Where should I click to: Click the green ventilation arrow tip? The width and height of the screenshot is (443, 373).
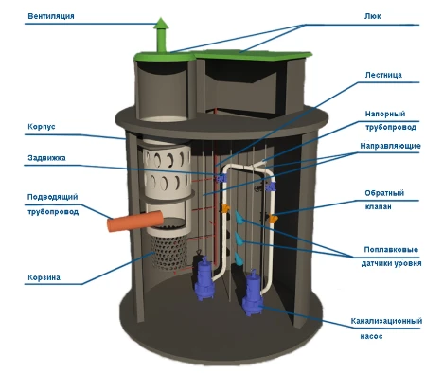click(161, 18)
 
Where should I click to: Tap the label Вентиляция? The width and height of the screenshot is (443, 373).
click(51, 16)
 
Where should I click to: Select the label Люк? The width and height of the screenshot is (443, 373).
click(372, 16)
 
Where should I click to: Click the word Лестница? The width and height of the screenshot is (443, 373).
click(383, 75)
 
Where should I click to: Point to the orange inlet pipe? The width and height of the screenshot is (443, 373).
click(135, 221)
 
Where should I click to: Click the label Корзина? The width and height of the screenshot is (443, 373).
click(44, 277)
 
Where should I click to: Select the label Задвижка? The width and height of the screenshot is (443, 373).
click(46, 158)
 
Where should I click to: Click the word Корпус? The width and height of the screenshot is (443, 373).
click(42, 127)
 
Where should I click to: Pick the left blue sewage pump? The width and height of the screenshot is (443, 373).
click(204, 279)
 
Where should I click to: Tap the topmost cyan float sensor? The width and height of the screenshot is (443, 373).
click(239, 218)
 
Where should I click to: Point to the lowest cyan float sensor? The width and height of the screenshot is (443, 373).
click(239, 258)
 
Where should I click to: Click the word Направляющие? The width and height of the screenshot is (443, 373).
click(390, 146)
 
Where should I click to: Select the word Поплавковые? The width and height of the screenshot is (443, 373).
click(391, 250)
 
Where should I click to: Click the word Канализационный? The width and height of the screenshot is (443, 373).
click(386, 321)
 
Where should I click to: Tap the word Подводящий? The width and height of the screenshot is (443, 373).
click(52, 197)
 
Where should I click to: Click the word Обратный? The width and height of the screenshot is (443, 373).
click(384, 193)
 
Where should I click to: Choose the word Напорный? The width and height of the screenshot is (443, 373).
click(385, 114)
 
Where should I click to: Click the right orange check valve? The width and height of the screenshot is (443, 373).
click(273, 219)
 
